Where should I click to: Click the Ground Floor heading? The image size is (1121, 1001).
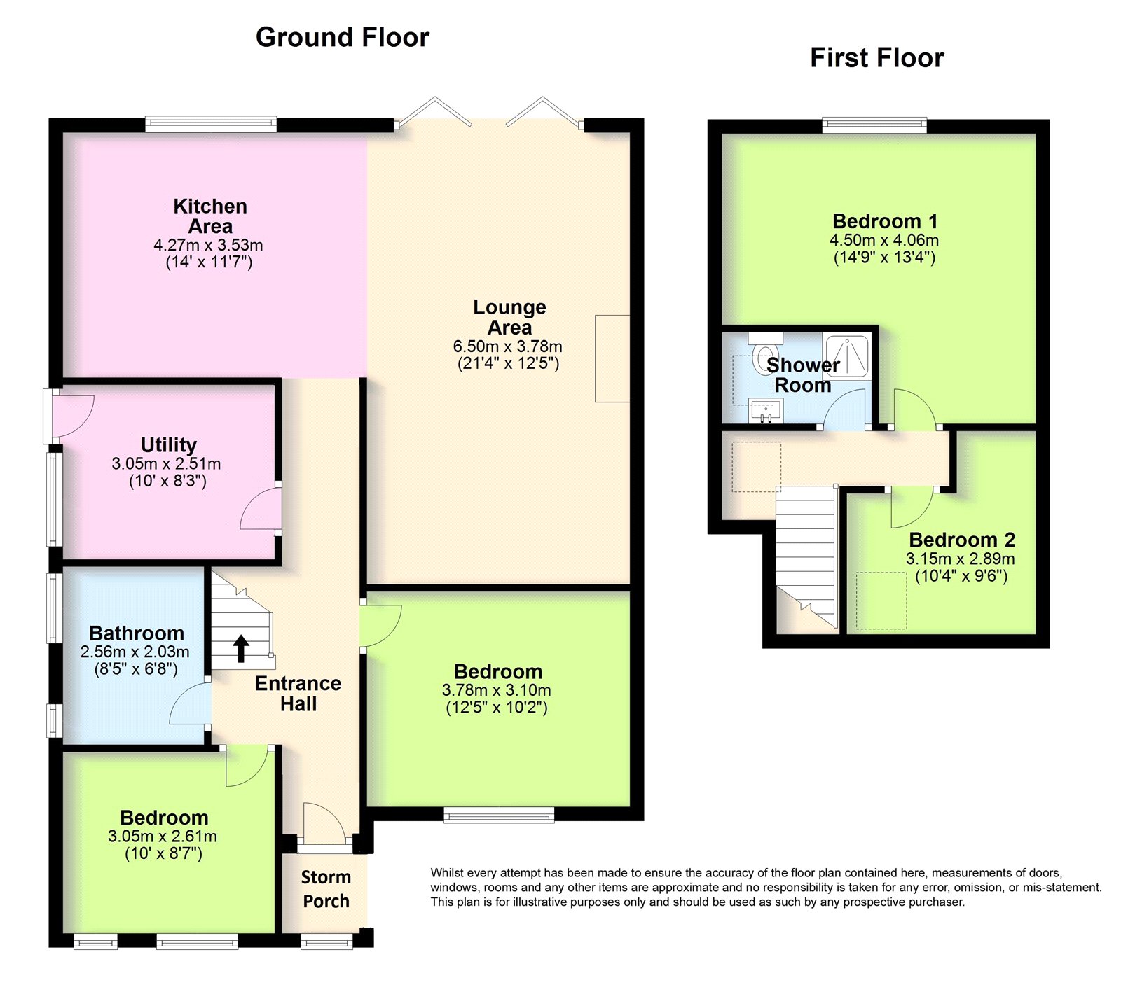point(343,37)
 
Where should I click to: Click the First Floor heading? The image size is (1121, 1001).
point(877,57)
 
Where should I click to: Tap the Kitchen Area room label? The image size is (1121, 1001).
point(210,216)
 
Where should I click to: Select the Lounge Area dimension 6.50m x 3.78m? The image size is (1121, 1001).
point(508,346)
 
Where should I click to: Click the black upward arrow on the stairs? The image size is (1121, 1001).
point(241,648)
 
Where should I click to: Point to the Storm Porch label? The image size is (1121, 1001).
point(326,889)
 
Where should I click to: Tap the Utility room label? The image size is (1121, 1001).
point(169,445)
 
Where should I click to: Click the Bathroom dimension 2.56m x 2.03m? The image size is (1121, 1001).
point(135,652)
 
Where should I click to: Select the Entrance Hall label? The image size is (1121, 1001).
point(298,694)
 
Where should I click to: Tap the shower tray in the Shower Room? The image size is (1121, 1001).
point(847,356)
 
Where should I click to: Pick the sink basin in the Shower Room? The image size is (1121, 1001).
point(766,409)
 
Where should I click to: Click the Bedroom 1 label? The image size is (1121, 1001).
point(885,221)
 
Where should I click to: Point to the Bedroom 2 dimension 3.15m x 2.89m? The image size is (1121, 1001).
point(961,559)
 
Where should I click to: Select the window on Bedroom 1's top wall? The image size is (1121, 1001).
point(874,125)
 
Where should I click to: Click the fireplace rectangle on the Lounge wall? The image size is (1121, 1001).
point(612,358)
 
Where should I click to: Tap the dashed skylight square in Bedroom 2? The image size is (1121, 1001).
point(881,601)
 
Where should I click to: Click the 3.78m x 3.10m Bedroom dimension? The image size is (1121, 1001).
point(497,691)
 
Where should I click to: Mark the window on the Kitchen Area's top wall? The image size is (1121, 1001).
point(211,124)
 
